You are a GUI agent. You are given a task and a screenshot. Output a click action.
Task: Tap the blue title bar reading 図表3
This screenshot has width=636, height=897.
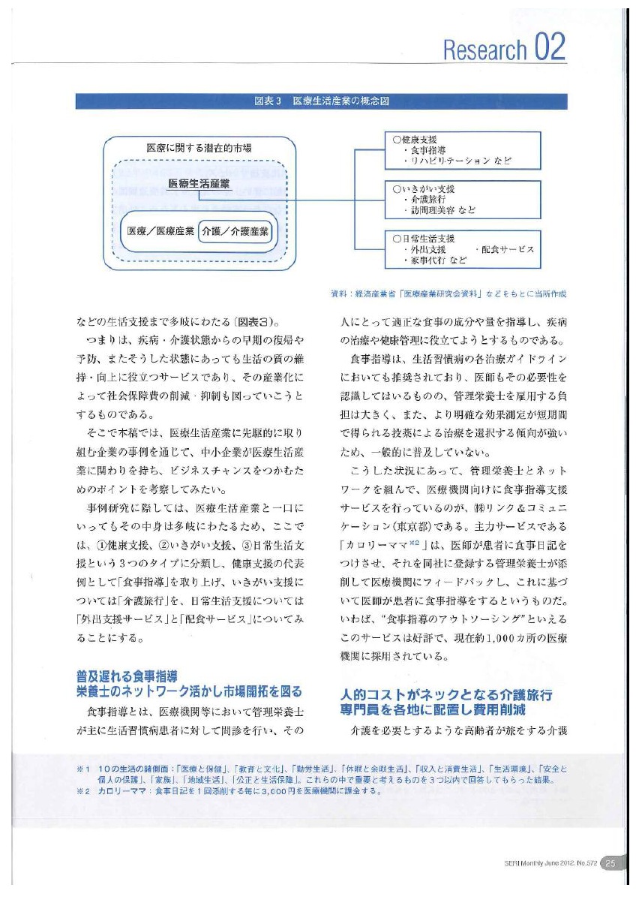[321, 101]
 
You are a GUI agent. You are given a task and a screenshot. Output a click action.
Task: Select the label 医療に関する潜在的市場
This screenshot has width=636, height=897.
[199, 147]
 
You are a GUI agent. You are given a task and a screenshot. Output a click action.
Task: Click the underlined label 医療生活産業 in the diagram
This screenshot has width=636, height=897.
[199, 184]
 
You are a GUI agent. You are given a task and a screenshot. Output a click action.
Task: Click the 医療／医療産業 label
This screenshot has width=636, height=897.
[160, 230]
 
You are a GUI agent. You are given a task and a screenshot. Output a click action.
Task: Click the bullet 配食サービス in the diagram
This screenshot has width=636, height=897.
[504, 249]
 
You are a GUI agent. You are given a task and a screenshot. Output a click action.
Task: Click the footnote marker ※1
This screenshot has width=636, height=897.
[82, 769]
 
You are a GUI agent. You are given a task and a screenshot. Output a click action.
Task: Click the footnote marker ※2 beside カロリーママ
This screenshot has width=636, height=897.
[82, 790]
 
